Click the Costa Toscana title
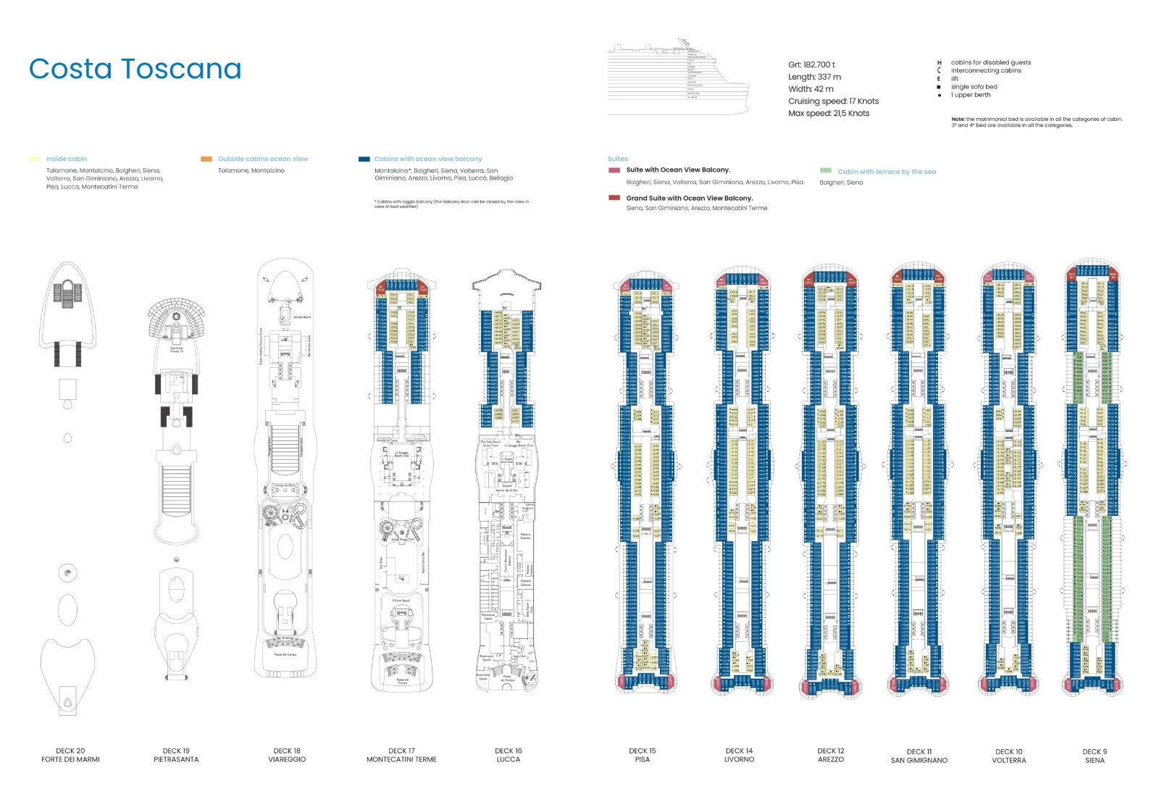coord(135,70)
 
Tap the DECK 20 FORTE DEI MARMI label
coord(70,755)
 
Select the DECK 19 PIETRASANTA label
coord(176,755)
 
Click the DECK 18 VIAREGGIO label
coord(287,755)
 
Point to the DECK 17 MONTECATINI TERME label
coord(401,755)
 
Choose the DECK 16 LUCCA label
coord(508,755)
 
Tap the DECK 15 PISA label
coord(642,755)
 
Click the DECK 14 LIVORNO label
coord(739,755)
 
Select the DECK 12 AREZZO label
coord(831,755)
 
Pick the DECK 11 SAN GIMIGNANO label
coord(919,756)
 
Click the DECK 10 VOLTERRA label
coord(1008,756)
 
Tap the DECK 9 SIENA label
coord(1095,756)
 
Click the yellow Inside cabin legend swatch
coord(34,159)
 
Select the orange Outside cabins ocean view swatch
coord(206,159)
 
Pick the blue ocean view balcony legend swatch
coord(364,159)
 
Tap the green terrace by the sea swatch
coord(825,171)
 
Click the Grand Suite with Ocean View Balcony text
coord(689,198)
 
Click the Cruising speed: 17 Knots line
coord(833,101)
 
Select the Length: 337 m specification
coord(814,77)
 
